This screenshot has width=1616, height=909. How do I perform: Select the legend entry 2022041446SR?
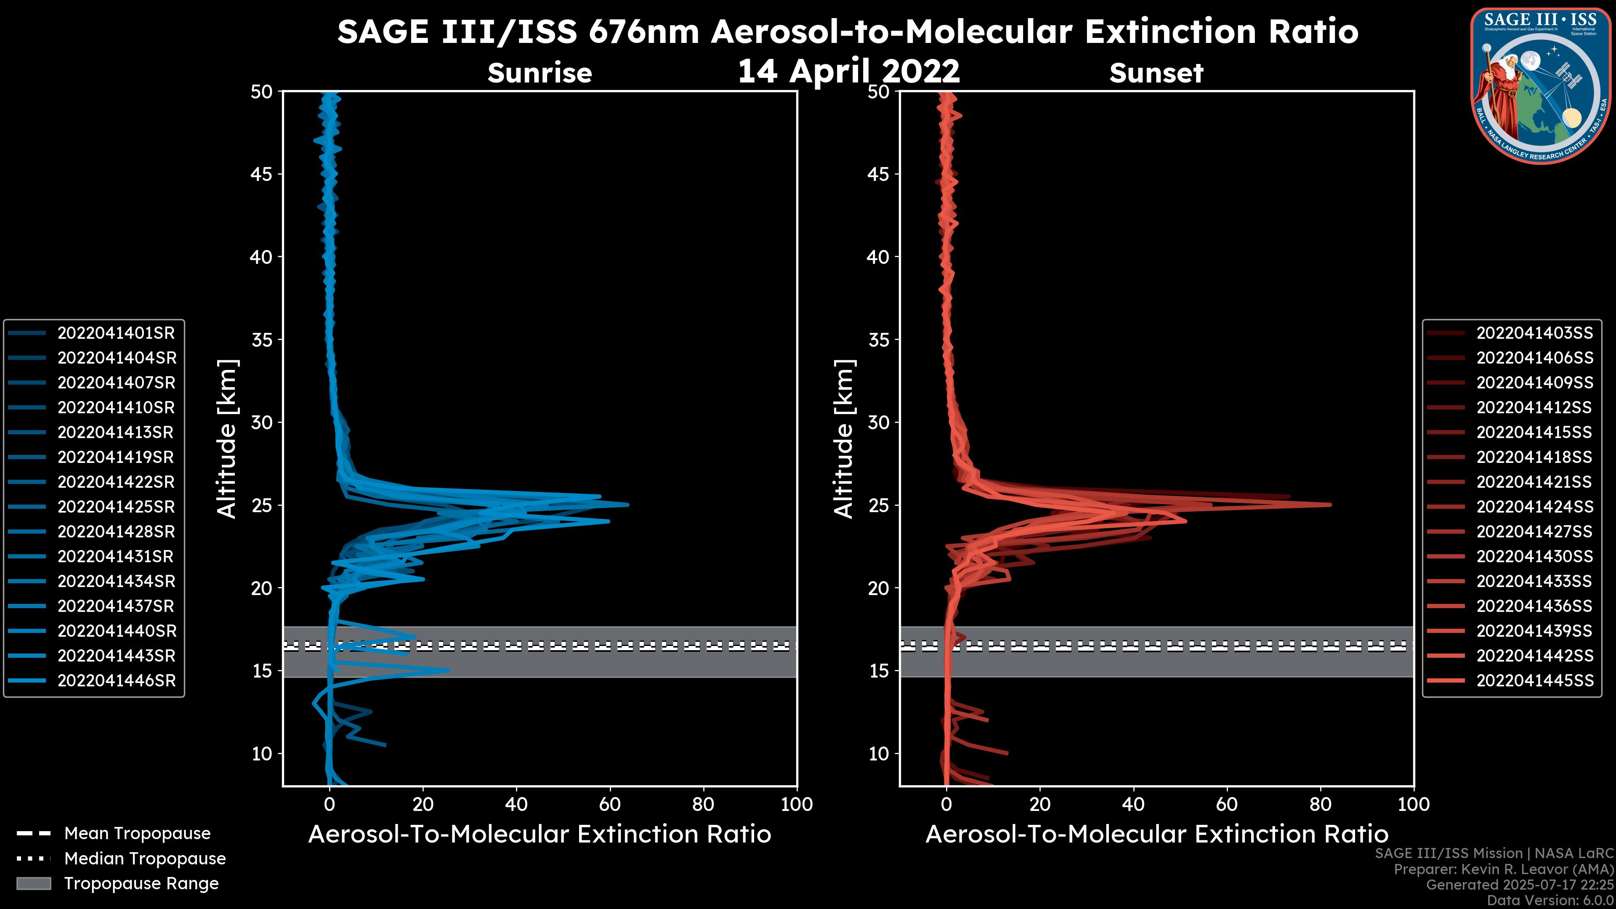click(x=116, y=680)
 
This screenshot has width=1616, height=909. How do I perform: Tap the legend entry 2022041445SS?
click(x=1534, y=680)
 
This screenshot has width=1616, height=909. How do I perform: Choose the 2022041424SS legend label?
click(x=1534, y=507)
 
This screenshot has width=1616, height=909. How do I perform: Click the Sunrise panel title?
click(x=540, y=73)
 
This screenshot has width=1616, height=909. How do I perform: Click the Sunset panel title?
click(x=1156, y=73)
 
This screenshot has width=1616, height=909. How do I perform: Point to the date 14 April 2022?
click(x=848, y=71)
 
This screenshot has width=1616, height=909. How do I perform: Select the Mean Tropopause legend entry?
click(x=137, y=834)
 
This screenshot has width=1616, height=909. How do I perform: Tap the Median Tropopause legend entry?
click(x=144, y=859)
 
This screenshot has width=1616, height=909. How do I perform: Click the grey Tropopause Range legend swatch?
click(x=34, y=884)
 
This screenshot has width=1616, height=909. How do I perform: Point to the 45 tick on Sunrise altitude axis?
click(x=262, y=174)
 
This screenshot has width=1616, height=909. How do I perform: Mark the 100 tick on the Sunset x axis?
click(x=1414, y=804)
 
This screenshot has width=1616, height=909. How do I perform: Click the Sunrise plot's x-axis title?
click(x=540, y=835)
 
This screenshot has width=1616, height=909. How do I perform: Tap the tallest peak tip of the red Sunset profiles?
click(x=1330, y=505)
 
